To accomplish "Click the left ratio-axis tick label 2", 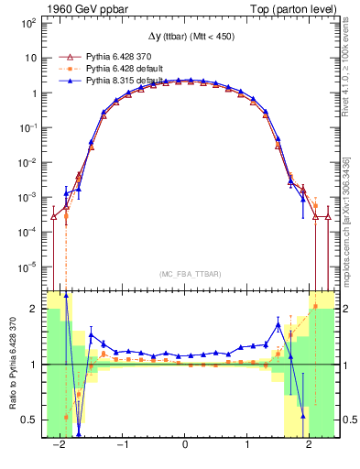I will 33,310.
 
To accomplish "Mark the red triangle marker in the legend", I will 64,56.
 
